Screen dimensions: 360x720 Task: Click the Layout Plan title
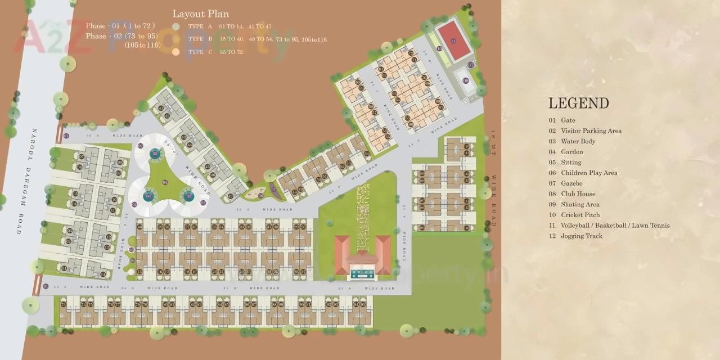200,14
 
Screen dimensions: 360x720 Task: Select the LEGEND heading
578,103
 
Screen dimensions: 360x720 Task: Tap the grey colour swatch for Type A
176,26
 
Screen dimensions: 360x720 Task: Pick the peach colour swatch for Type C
176,52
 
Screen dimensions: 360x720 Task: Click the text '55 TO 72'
232,52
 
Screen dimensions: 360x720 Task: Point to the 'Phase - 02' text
103,36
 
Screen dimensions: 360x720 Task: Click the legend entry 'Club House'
578,194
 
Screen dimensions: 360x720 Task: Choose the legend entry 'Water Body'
578,141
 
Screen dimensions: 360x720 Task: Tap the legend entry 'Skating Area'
580,205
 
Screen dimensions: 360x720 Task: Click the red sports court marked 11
453,40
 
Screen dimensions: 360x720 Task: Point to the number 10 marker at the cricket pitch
439,48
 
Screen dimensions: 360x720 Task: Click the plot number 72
411,53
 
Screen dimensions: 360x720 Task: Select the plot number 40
139,227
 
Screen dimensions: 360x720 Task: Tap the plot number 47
231,197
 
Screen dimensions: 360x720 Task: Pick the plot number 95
363,305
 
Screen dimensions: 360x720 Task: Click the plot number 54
367,153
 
